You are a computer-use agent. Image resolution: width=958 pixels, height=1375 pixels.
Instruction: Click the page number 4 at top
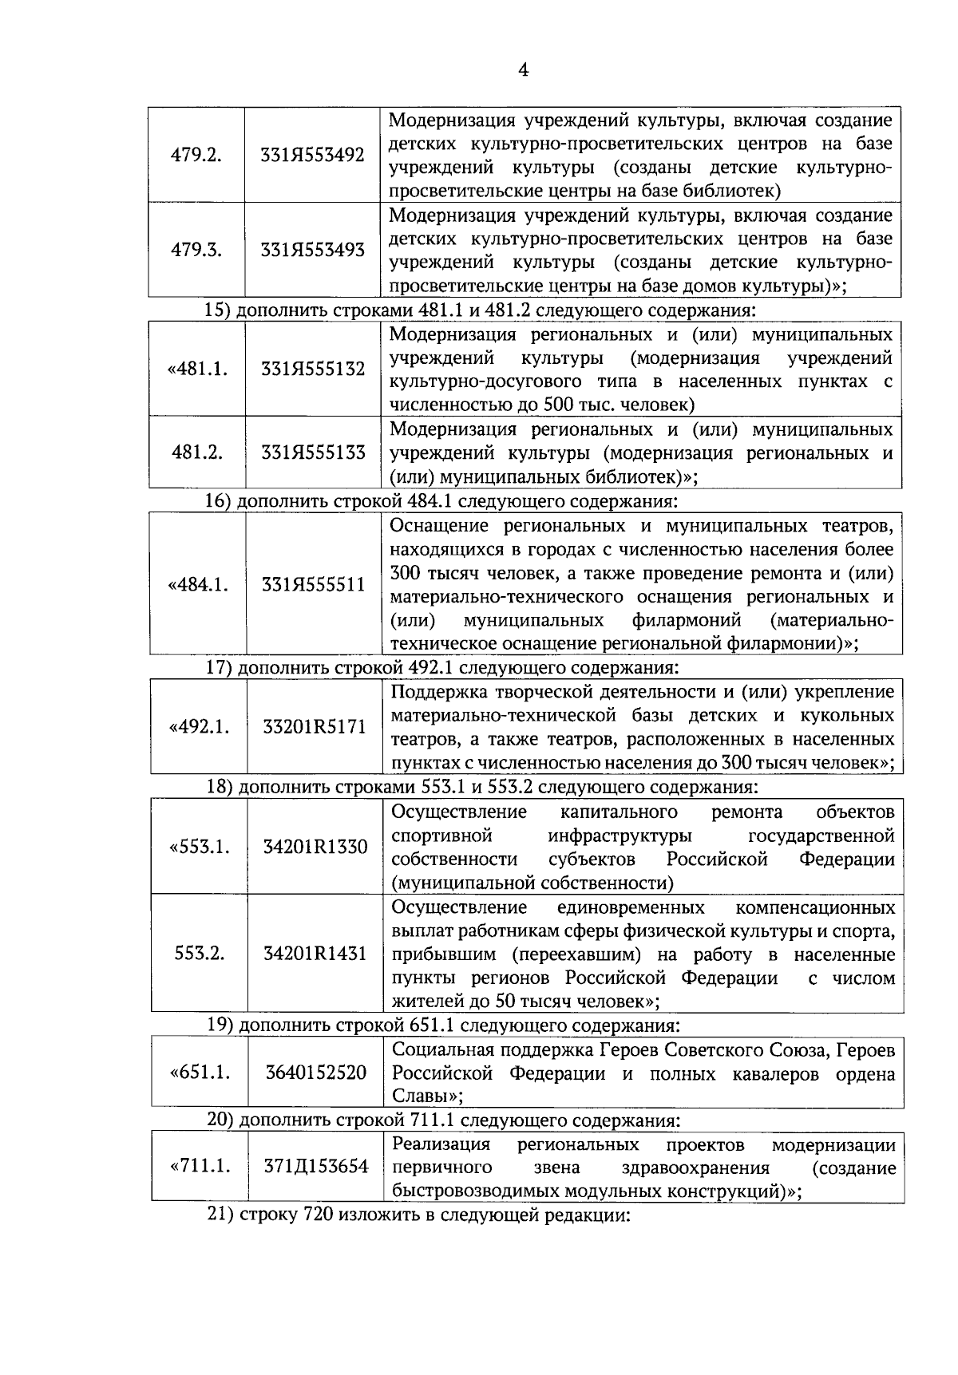[524, 70]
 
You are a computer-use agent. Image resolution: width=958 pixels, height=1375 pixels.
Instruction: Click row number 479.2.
[196, 155]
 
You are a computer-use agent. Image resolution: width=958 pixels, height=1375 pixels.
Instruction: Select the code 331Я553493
[312, 250]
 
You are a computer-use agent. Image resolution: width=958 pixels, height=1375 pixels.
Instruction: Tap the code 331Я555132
[313, 369]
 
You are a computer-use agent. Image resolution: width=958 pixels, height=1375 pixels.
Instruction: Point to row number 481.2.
[196, 452]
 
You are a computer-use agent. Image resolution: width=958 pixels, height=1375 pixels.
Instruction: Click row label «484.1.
[197, 585]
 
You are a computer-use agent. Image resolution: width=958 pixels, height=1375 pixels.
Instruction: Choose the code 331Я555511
[314, 585]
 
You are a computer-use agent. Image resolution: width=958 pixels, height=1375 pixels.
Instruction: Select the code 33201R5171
[315, 727]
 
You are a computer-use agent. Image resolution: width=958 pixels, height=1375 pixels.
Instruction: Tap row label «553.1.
[199, 847]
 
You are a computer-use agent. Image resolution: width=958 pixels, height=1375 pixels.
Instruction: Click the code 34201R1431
[315, 954]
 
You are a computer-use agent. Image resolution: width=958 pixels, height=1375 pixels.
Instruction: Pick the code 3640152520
[315, 1073]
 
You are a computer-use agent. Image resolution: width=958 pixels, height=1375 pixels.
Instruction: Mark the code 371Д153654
[316, 1167]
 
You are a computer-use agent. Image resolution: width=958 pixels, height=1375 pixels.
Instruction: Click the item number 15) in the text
[218, 310]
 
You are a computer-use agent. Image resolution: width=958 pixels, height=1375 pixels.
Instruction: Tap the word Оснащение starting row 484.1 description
[438, 526]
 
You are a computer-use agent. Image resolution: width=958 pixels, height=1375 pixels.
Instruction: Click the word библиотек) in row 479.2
[735, 191]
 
